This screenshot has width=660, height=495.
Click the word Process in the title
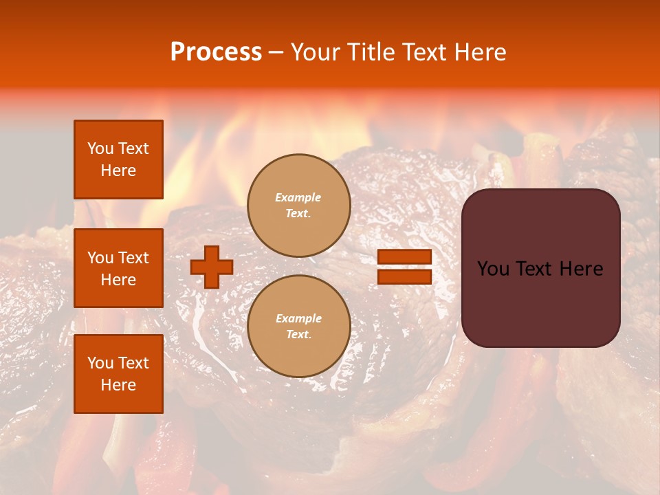coord(216,52)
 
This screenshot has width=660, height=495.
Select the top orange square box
coord(118,159)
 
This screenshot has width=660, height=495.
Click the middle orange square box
coord(118,268)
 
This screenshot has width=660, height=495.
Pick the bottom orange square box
coord(118,374)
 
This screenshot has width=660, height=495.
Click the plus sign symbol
coord(212,267)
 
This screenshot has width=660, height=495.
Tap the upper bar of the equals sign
coord(404,256)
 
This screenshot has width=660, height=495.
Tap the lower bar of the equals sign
coord(404,276)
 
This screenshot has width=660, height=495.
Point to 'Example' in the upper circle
coord(298,197)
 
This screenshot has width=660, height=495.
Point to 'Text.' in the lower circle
coord(298,335)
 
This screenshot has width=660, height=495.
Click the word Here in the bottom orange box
coord(118,385)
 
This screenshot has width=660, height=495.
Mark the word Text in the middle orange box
coord(133,258)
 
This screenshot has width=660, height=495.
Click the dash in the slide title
coord(276,52)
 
